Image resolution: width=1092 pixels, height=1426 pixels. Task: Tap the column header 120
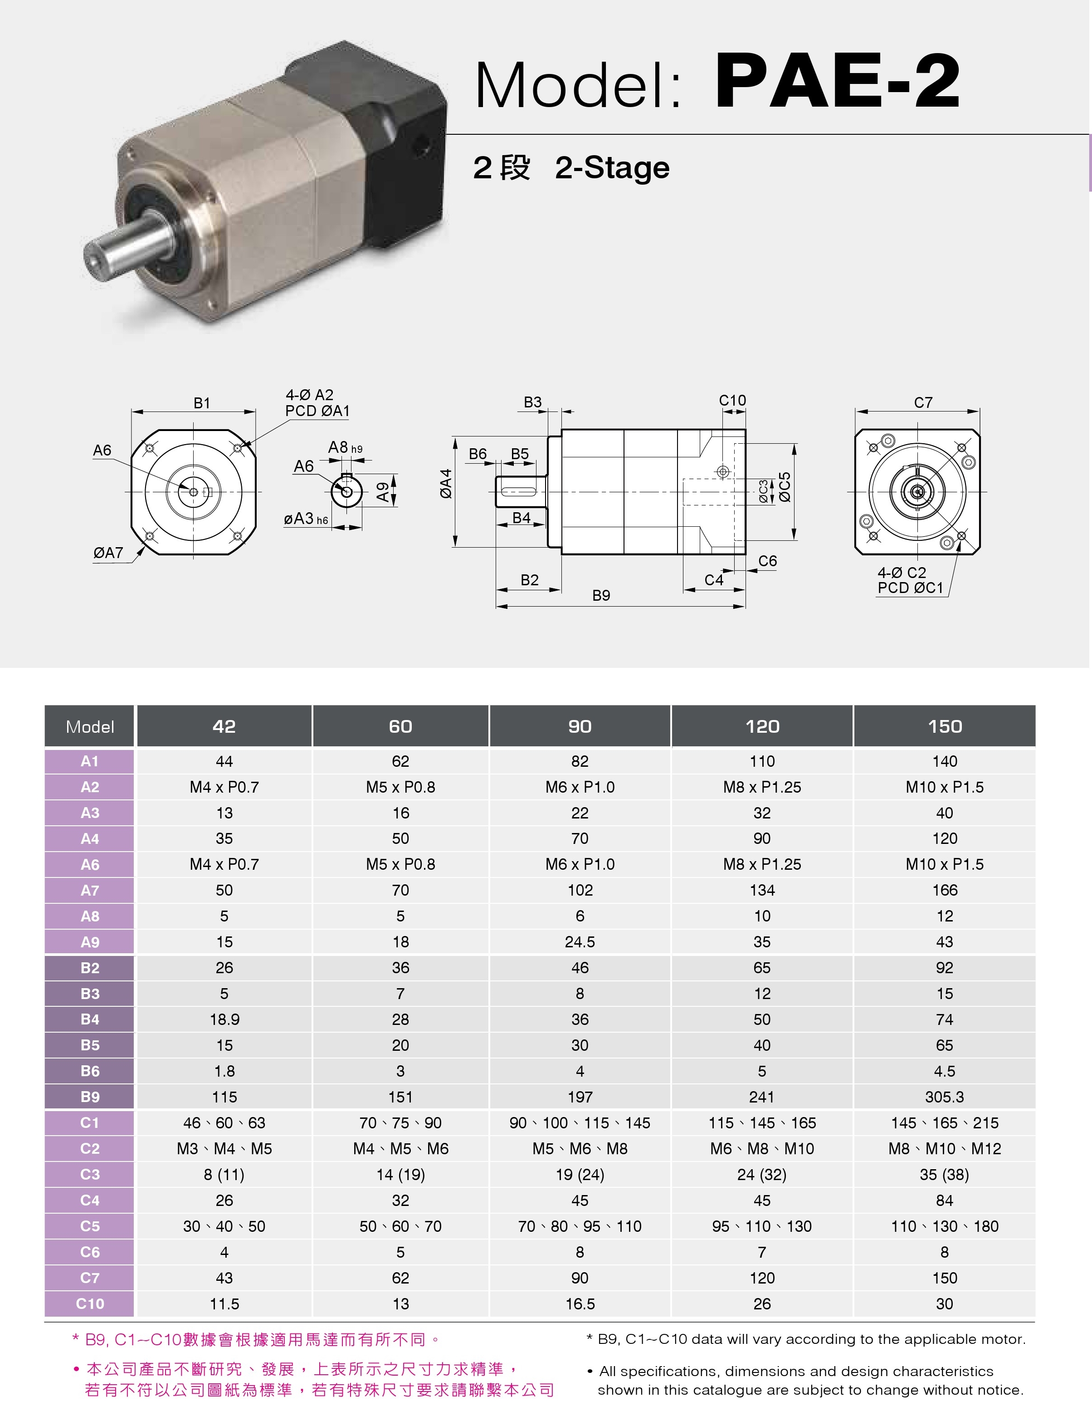pyautogui.click(x=762, y=726)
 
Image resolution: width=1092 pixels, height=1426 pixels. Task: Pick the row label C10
pyautogui.click(x=90, y=1304)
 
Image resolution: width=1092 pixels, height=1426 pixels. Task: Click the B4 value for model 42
pyautogui.click(x=224, y=1019)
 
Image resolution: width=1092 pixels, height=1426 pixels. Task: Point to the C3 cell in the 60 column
pyautogui.click(x=400, y=1174)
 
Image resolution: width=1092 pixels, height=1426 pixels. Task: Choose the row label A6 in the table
pyautogui.click(x=90, y=864)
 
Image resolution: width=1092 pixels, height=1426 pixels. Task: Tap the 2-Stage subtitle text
pyautogui.click(x=612, y=168)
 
